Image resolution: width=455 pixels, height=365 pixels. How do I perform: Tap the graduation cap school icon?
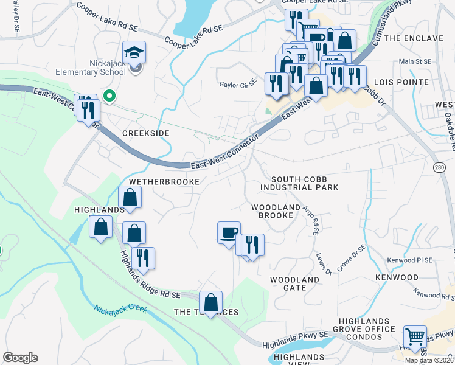(x=134, y=53)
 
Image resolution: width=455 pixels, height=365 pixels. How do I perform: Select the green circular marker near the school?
(x=109, y=96)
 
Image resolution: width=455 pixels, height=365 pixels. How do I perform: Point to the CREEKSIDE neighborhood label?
(x=145, y=133)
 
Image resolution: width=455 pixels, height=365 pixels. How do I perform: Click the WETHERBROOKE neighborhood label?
(x=164, y=182)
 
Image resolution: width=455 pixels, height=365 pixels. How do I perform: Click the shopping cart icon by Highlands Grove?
(x=415, y=336)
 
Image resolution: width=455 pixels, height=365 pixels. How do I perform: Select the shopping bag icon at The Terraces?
(x=210, y=302)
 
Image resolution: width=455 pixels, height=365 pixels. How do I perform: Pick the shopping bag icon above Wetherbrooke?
(x=130, y=197)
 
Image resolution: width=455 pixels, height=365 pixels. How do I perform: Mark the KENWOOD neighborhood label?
(x=397, y=277)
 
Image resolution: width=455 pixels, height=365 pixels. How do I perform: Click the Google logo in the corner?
(x=21, y=357)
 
